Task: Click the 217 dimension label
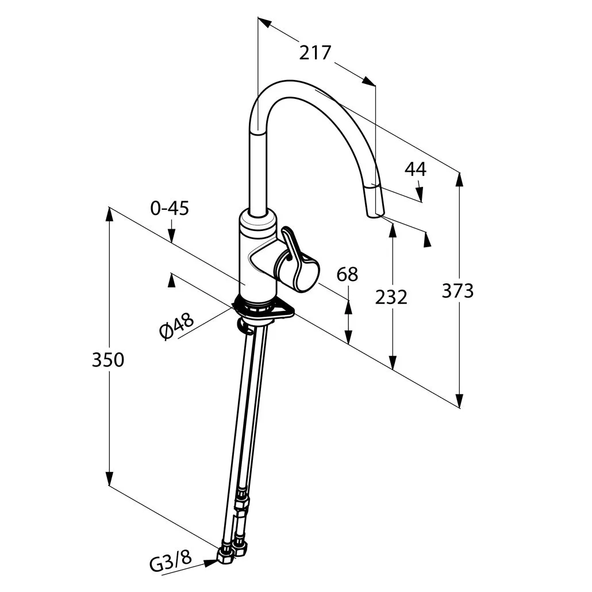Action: pyautogui.click(x=316, y=53)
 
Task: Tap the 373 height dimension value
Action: pyautogui.click(x=458, y=291)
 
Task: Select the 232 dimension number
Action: pyautogui.click(x=391, y=298)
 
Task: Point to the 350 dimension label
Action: pyautogui.click(x=108, y=360)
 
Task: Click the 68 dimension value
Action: pyautogui.click(x=347, y=275)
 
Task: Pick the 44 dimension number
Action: pyautogui.click(x=416, y=170)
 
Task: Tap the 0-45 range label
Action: pyautogui.click(x=170, y=208)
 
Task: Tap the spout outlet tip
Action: pyautogui.click(x=375, y=215)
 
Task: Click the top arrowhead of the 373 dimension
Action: pyautogui.click(x=459, y=180)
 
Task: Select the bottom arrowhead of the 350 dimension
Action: pyautogui.click(x=109, y=478)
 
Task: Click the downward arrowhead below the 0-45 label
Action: pyautogui.click(x=172, y=236)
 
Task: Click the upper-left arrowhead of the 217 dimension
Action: pyautogui.click(x=264, y=22)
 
